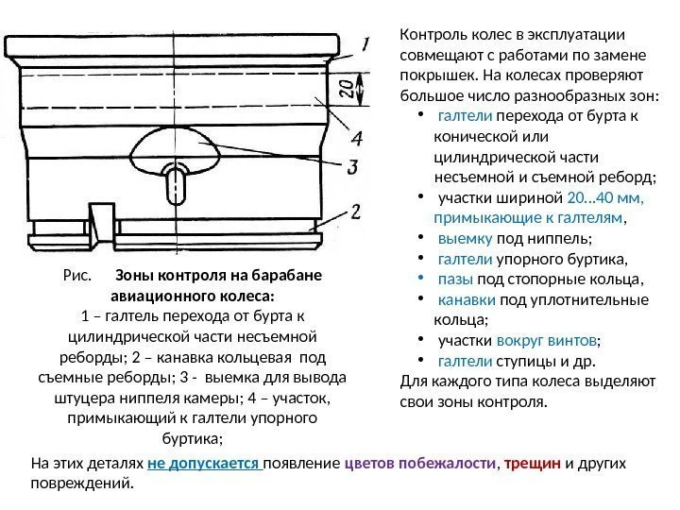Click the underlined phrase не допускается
point(203,465)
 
